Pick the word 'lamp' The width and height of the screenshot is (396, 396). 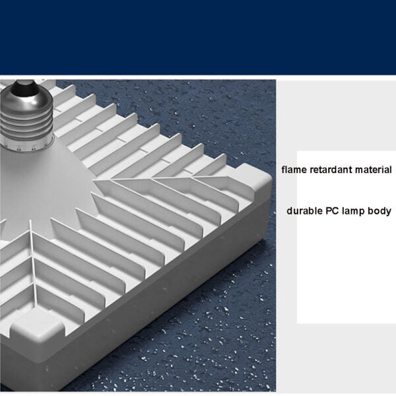point(353,211)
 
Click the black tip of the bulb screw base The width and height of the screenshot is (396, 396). point(25,87)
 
